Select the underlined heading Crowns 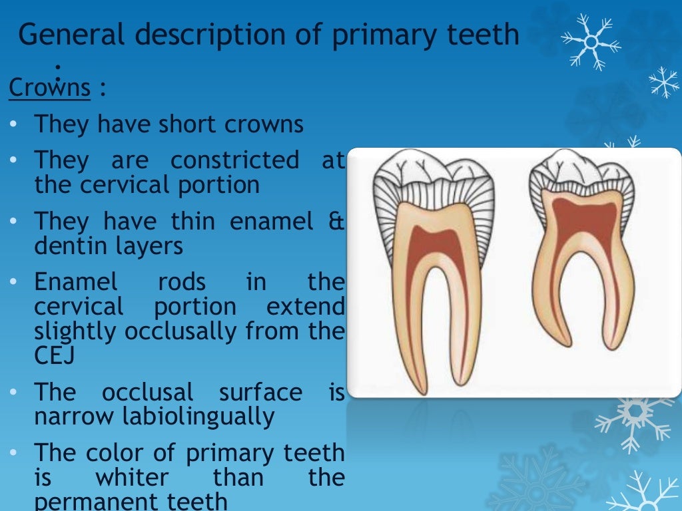point(49,88)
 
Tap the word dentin point(73,246)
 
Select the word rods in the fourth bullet point(182,282)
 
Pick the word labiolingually point(154,417)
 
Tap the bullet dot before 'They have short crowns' point(15,125)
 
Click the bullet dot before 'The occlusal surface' point(15,393)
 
